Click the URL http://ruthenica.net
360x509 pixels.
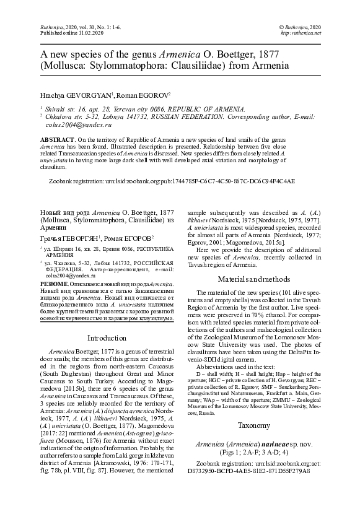click(x=301, y=33)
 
